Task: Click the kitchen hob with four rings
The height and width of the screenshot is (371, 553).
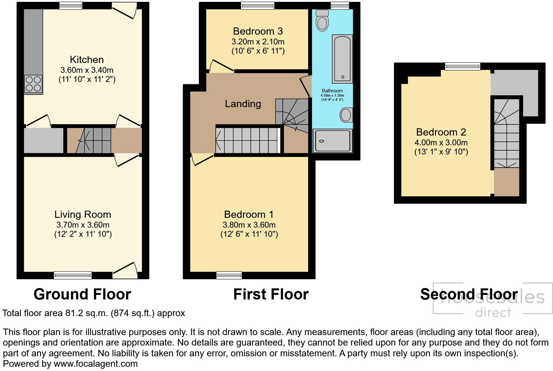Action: [x=33, y=84]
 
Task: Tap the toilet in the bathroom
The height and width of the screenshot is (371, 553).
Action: [x=322, y=20]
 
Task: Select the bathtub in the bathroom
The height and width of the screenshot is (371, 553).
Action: [x=342, y=59]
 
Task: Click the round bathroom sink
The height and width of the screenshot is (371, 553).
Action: [x=346, y=115]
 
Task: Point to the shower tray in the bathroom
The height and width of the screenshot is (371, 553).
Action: [x=333, y=140]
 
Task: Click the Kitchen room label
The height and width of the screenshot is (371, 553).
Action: [x=87, y=60]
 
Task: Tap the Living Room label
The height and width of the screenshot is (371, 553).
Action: [x=83, y=215]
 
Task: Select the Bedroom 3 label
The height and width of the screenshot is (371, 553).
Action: [x=258, y=31]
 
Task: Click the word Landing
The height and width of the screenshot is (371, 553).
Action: [x=243, y=104]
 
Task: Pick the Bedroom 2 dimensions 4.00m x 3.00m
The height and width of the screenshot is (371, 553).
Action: [x=441, y=142]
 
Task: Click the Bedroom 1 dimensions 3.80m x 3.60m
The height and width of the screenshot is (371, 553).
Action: [x=249, y=225]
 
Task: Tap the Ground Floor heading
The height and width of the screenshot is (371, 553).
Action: [x=82, y=294]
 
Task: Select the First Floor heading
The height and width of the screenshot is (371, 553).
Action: [x=271, y=294]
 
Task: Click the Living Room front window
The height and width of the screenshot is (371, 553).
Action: [x=73, y=275]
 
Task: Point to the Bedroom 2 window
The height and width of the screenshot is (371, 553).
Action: [x=462, y=66]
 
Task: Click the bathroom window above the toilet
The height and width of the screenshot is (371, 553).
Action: [x=340, y=6]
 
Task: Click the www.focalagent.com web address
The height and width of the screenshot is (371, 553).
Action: [x=96, y=364]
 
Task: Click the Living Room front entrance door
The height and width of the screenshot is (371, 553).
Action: [x=125, y=271]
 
